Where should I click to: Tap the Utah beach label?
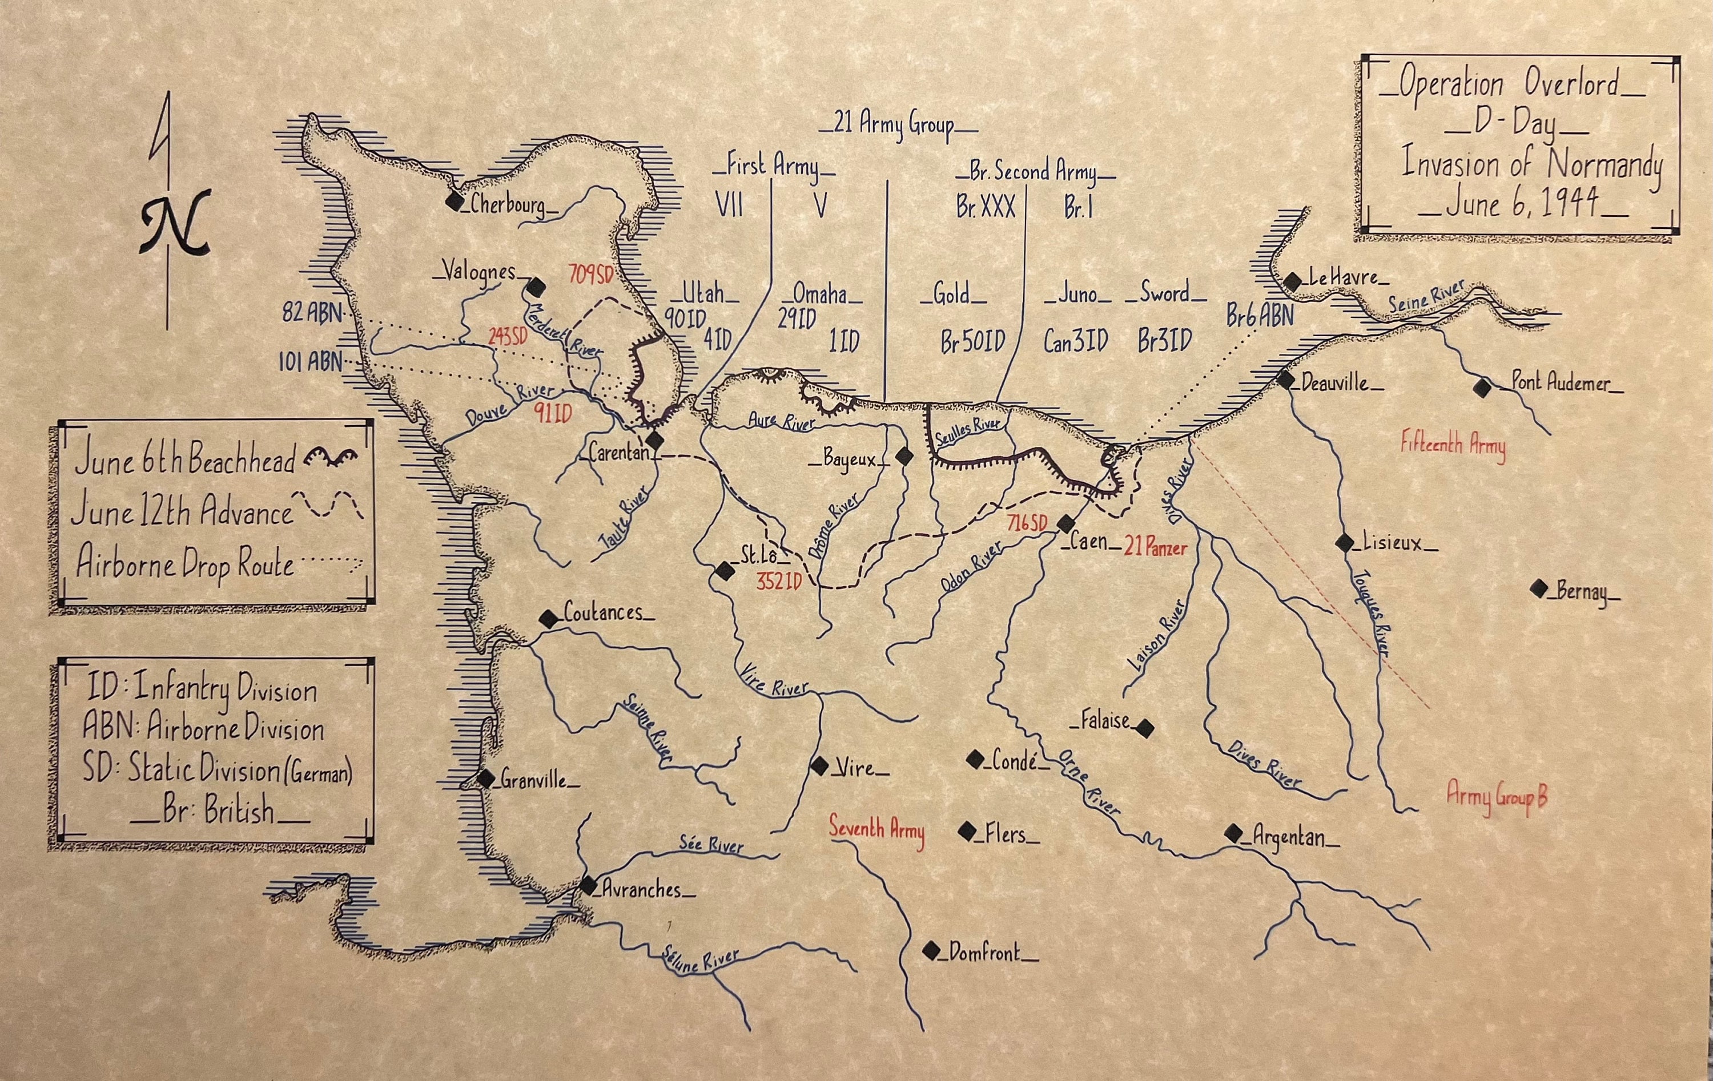pyautogui.click(x=703, y=293)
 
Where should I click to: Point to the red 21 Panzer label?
pyautogui.click(x=1156, y=547)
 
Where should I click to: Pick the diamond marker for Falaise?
pyautogui.click(x=1145, y=728)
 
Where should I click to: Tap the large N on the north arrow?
pyautogui.click(x=174, y=222)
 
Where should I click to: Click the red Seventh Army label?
pyautogui.click(x=876, y=830)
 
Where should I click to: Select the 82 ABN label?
pyautogui.click(x=312, y=312)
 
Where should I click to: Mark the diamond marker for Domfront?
pyautogui.click(x=931, y=951)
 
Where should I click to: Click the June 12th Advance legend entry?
pyautogui.click(x=182, y=512)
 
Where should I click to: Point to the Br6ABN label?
pyautogui.click(x=1259, y=316)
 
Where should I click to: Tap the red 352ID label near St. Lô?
pyautogui.click(x=779, y=581)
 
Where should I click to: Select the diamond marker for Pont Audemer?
pyautogui.click(x=1482, y=388)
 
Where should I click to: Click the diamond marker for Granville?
pyautogui.click(x=485, y=778)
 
